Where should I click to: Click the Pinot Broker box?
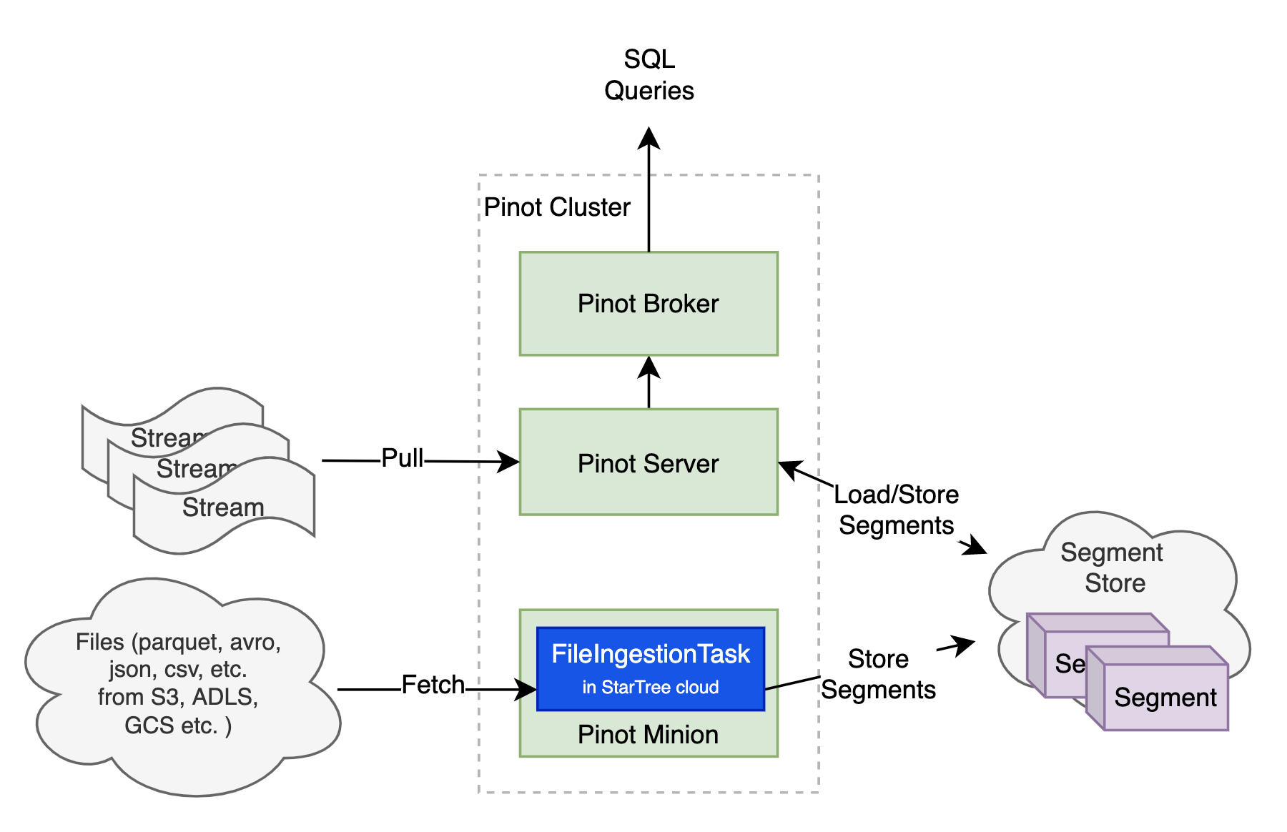tap(648, 303)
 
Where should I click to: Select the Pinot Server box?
tap(648, 463)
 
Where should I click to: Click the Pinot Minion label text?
tap(648, 735)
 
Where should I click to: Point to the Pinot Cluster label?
tap(556, 207)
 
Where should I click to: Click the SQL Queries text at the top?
tap(649, 75)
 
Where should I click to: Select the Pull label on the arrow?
tap(402, 458)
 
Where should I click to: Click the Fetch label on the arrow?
tap(433, 685)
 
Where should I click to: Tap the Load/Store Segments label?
tap(896, 510)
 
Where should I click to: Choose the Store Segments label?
tap(878, 674)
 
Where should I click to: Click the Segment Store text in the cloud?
tap(1113, 568)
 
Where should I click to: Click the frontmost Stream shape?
tap(223, 507)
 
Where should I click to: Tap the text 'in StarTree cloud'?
tap(650, 688)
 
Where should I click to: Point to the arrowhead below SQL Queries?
tap(649, 137)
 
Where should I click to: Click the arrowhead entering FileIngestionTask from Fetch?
tap(528, 690)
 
